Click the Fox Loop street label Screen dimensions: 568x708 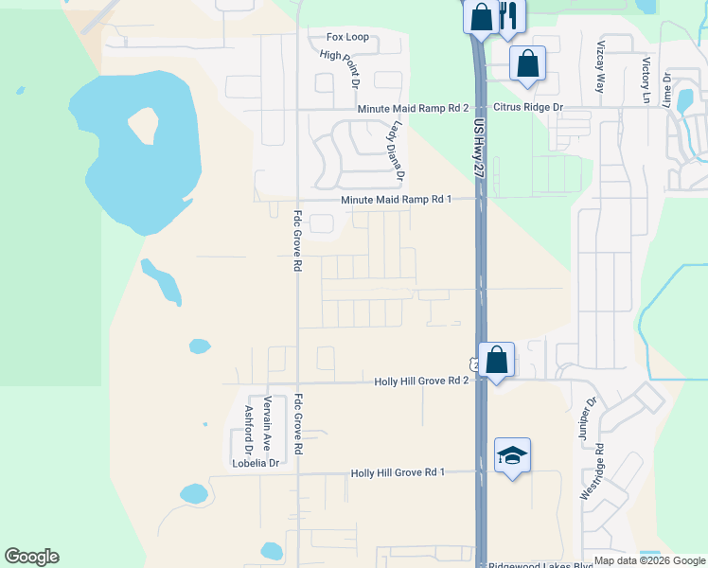coord(347,38)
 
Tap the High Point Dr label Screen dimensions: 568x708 coord(340,69)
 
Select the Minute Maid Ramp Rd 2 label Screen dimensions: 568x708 coord(413,109)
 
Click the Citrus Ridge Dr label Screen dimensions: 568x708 coord(526,108)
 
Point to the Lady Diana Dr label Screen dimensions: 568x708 coord(395,150)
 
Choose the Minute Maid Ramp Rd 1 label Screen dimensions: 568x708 coord(396,199)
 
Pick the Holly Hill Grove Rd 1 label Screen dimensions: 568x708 coord(398,472)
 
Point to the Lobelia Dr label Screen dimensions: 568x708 coord(256,463)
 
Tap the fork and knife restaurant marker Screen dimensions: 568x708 coord(508,16)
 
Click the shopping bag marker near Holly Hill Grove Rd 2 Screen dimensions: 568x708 coord(497,360)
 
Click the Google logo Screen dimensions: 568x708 coord(31,557)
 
